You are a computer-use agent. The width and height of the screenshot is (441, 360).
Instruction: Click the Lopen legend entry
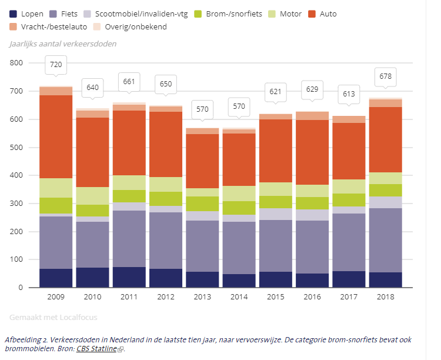click(x=27, y=13)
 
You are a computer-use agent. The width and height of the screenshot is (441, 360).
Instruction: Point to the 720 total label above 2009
click(x=56, y=65)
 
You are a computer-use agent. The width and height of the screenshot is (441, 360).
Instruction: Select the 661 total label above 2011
click(x=129, y=81)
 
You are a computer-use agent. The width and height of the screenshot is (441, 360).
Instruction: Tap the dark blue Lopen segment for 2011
click(x=129, y=277)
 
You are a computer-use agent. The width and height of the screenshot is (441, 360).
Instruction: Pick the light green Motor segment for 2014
click(x=239, y=194)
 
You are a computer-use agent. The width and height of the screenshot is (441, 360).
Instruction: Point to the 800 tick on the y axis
click(x=16, y=63)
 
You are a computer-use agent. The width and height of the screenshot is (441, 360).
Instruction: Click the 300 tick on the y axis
click(x=16, y=204)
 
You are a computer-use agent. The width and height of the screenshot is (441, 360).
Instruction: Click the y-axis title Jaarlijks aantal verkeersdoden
click(x=63, y=44)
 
